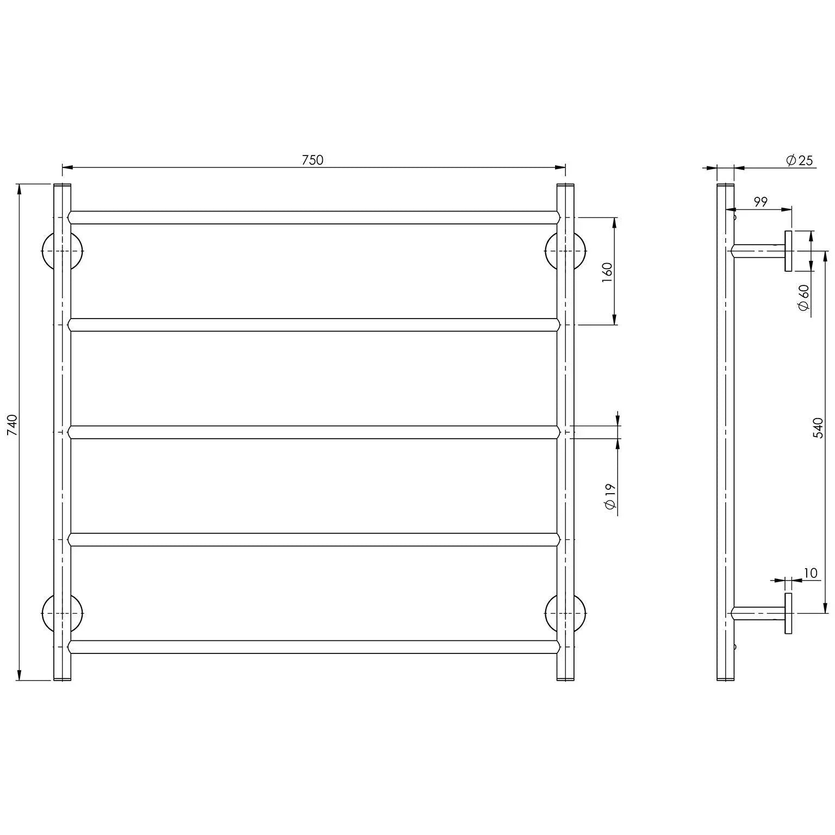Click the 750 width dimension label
click(312, 160)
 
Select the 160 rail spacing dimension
click(607, 271)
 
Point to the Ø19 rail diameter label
click(609, 496)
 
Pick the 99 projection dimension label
click(761, 202)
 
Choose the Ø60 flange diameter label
click(804, 298)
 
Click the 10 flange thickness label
click(810, 573)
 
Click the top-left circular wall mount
click(48, 251)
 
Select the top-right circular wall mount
click(580, 251)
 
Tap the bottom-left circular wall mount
click(48, 613)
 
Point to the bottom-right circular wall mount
click(580, 613)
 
